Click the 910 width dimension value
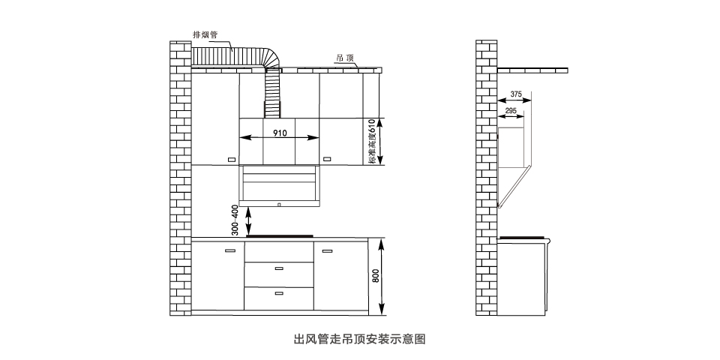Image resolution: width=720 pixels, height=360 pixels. [x=279, y=133]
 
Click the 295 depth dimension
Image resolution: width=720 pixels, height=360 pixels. [x=510, y=111]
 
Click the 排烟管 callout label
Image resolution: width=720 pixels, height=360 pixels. [x=205, y=34]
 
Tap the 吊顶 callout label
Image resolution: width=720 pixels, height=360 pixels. [x=345, y=58]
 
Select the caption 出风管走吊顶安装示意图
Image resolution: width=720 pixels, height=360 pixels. [x=359, y=339]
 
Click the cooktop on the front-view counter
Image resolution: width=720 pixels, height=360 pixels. [x=279, y=236]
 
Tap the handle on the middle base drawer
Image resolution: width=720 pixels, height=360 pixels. [x=279, y=268]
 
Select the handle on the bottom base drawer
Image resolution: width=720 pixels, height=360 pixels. [x=279, y=293]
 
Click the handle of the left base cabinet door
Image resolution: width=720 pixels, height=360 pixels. [x=230, y=250]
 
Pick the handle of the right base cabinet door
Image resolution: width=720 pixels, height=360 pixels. [x=327, y=250]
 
